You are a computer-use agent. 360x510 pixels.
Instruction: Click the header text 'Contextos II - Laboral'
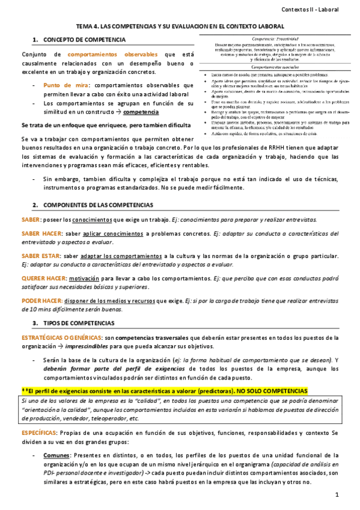[x=317, y=9]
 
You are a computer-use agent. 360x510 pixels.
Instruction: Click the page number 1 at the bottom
[x=338, y=494]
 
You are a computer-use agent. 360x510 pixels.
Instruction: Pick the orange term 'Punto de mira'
[x=66, y=85]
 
